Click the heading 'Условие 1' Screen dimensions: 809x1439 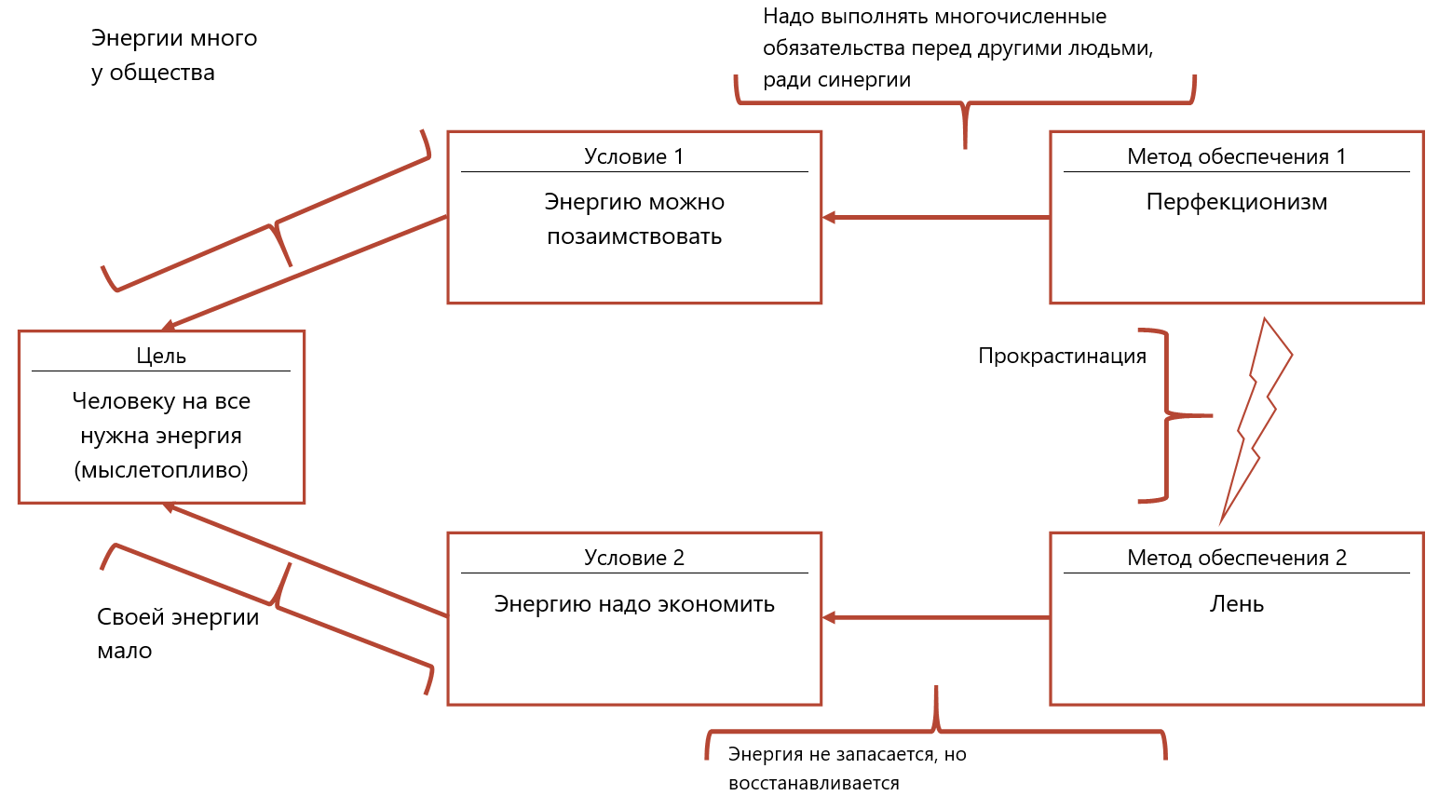(633, 156)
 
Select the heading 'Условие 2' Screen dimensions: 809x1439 (633, 558)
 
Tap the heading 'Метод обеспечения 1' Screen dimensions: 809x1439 (1236, 156)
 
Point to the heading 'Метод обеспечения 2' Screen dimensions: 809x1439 (1236, 558)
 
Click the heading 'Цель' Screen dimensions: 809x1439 (161, 356)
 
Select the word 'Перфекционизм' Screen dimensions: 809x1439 (1236, 202)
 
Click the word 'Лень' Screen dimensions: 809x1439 (1236, 604)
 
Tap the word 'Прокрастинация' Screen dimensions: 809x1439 (1062, 356)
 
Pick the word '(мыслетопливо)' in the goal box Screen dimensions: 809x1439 (161, 470)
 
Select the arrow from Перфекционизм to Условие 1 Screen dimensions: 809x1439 (935, 217)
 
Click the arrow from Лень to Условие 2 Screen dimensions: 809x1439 (935, 617)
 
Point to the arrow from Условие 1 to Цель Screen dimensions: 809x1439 (307, 273)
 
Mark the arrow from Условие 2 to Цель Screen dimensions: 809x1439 (307, 560)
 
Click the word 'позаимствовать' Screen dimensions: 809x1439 (633, 236)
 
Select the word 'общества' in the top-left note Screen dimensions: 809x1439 (162, 73)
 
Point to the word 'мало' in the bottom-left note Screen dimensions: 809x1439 (124, 651)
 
